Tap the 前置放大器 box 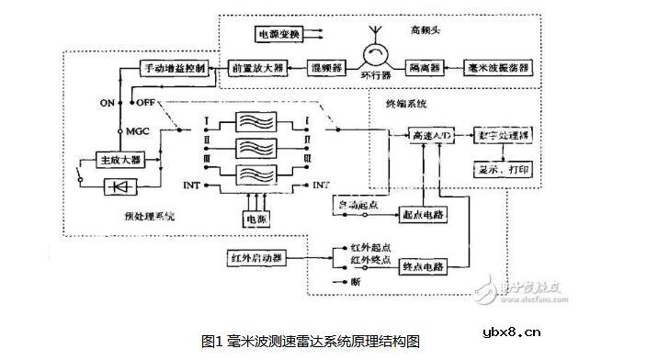pyautogui.click(x=257, y=69)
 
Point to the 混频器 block pyautogui.click(x=323, y=69)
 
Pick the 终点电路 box pyautogui.click(x=421, y=266)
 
